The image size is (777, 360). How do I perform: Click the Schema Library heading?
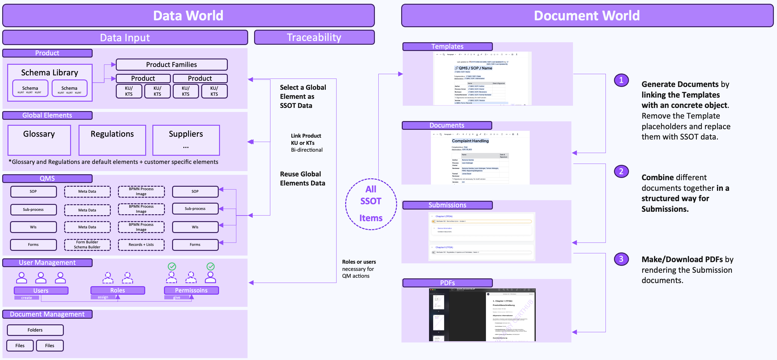coord(50,73)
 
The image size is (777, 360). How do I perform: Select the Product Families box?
coord(171,64)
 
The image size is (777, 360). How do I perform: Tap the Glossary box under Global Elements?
coord(39,140)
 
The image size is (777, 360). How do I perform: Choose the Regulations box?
coord(112,140)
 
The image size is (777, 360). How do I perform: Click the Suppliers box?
coord(186,140)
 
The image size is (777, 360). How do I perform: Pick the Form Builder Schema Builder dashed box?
coord(87,245)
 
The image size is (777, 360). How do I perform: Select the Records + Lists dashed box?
coord(141,245)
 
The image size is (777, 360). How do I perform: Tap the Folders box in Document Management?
coord(35,330)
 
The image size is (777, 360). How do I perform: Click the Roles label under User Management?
coord(118,290)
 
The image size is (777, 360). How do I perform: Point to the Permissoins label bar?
coord(191,290)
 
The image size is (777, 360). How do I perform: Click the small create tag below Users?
coord(27,298)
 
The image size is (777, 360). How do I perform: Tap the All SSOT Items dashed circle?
coord(371,204)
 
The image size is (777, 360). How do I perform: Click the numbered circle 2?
coord(621,171)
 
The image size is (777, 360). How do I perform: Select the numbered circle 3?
coord(621,259)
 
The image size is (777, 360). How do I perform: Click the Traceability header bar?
coord(314,38)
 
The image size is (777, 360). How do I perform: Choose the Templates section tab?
coord(447,47)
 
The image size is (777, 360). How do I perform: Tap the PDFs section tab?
coord(447,283)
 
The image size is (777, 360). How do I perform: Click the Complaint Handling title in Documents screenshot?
coord(470,141)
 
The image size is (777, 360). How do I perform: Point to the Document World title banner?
coord(587,16)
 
